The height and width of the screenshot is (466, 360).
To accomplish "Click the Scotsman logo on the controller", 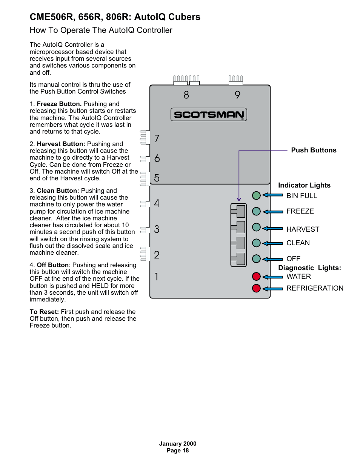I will pyautogui.click(x=209, y=114).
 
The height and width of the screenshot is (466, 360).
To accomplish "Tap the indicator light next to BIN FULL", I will pyautogui.click(x=256, y=195).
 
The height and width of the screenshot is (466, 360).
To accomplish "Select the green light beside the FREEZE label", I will pyautogui.click(x=256, y=211).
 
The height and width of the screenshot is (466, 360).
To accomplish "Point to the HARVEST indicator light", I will pyautogui.click(x=256, y=227).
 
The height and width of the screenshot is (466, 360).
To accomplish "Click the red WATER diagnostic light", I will pyautogui.click(x=256, y=276).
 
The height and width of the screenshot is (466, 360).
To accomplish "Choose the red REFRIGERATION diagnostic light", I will pyautogui.click(x=256, y=288).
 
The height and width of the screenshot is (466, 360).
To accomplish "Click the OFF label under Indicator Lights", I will pyautogui.click(x=293, y=258).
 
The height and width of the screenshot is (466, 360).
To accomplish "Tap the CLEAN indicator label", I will pyautogui.click(x=298, y=243).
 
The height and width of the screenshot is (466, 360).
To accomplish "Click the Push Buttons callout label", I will pyautogui.click(x=314, y=150).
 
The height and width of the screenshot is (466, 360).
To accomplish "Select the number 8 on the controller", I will pyautogui.click(x=186, y=95).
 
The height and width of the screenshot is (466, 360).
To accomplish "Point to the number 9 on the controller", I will pyautogui.click(x=237, y=95).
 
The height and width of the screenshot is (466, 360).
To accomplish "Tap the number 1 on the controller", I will pyautogui.click(x=157, y=277).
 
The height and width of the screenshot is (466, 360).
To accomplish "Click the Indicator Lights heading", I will pyautogui.click(x=304, y=185).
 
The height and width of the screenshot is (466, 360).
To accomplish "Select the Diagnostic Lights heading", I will pyautogui.click(x=309, y=268).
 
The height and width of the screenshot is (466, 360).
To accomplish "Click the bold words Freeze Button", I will pyautogui.click(x=59, y=104).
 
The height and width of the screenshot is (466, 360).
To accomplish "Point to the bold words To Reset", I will pyautogui.click(x=44, y=312).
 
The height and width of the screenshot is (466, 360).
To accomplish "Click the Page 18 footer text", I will pyautogui.click(x=177, y=450).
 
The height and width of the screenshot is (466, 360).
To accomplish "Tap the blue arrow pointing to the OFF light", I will pyautogui.click(x=272, y=259).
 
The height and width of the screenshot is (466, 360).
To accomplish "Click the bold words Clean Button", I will pyautogui.click(x=58, y=191).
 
